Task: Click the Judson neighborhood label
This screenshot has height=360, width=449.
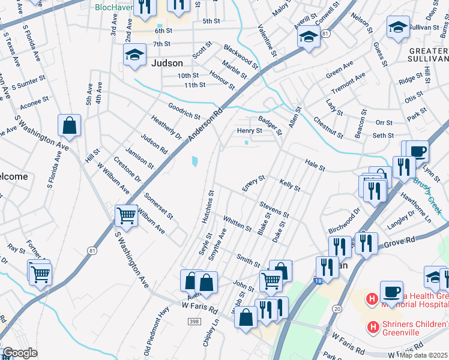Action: click(x=167, y=62)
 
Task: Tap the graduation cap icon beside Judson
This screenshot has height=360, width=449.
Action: click(x=134, y=55)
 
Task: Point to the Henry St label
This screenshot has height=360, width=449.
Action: click(x=250, y=130)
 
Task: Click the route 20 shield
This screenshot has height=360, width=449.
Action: click(x=336, y=308)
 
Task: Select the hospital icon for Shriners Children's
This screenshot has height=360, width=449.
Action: click(x=373, y=327)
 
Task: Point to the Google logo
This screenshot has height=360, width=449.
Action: click(x=20, y=353)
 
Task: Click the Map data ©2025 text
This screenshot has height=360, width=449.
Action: click(x=424, y=355)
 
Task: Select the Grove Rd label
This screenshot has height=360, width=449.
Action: click(x=400, y=242)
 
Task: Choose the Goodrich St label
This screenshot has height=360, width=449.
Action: click(x=184, y=110)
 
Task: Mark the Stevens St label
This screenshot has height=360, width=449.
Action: click(x=274, y=210)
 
